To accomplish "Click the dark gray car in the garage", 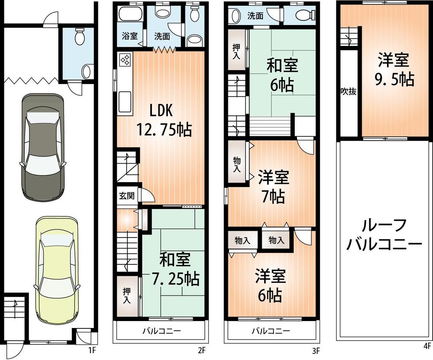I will click(x=42, y=147).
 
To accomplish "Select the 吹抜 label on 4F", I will click(x=349, y=92).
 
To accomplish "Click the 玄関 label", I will click(x=127, y=196).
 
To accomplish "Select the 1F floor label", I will click(x=92, y=348).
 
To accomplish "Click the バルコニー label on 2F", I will click(x=162, y=331).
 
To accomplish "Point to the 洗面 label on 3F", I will click(x=255, y=16).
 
